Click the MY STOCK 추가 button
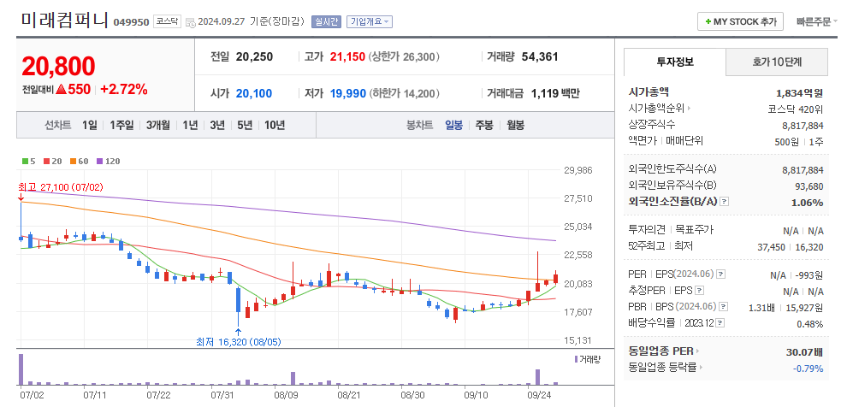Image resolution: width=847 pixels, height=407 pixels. pos(741,21)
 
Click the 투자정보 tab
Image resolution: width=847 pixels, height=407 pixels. pos(675,62)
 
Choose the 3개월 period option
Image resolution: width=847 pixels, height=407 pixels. pos(158,125)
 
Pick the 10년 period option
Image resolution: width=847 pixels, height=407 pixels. pos(275,125)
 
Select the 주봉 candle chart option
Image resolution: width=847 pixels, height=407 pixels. pos(484,125)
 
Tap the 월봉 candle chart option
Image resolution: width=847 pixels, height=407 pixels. pos(515,125)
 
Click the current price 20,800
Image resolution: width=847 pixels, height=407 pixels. pos(58,66)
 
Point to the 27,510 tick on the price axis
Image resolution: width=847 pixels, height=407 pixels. pos(577,198)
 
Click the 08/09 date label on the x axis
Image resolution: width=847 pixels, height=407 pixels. pos(286,395)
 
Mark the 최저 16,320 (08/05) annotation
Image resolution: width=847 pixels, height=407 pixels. pos(239,342)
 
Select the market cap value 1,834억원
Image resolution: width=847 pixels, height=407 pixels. pos(799,92)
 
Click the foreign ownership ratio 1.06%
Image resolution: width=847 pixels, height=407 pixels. pos(807,203)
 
